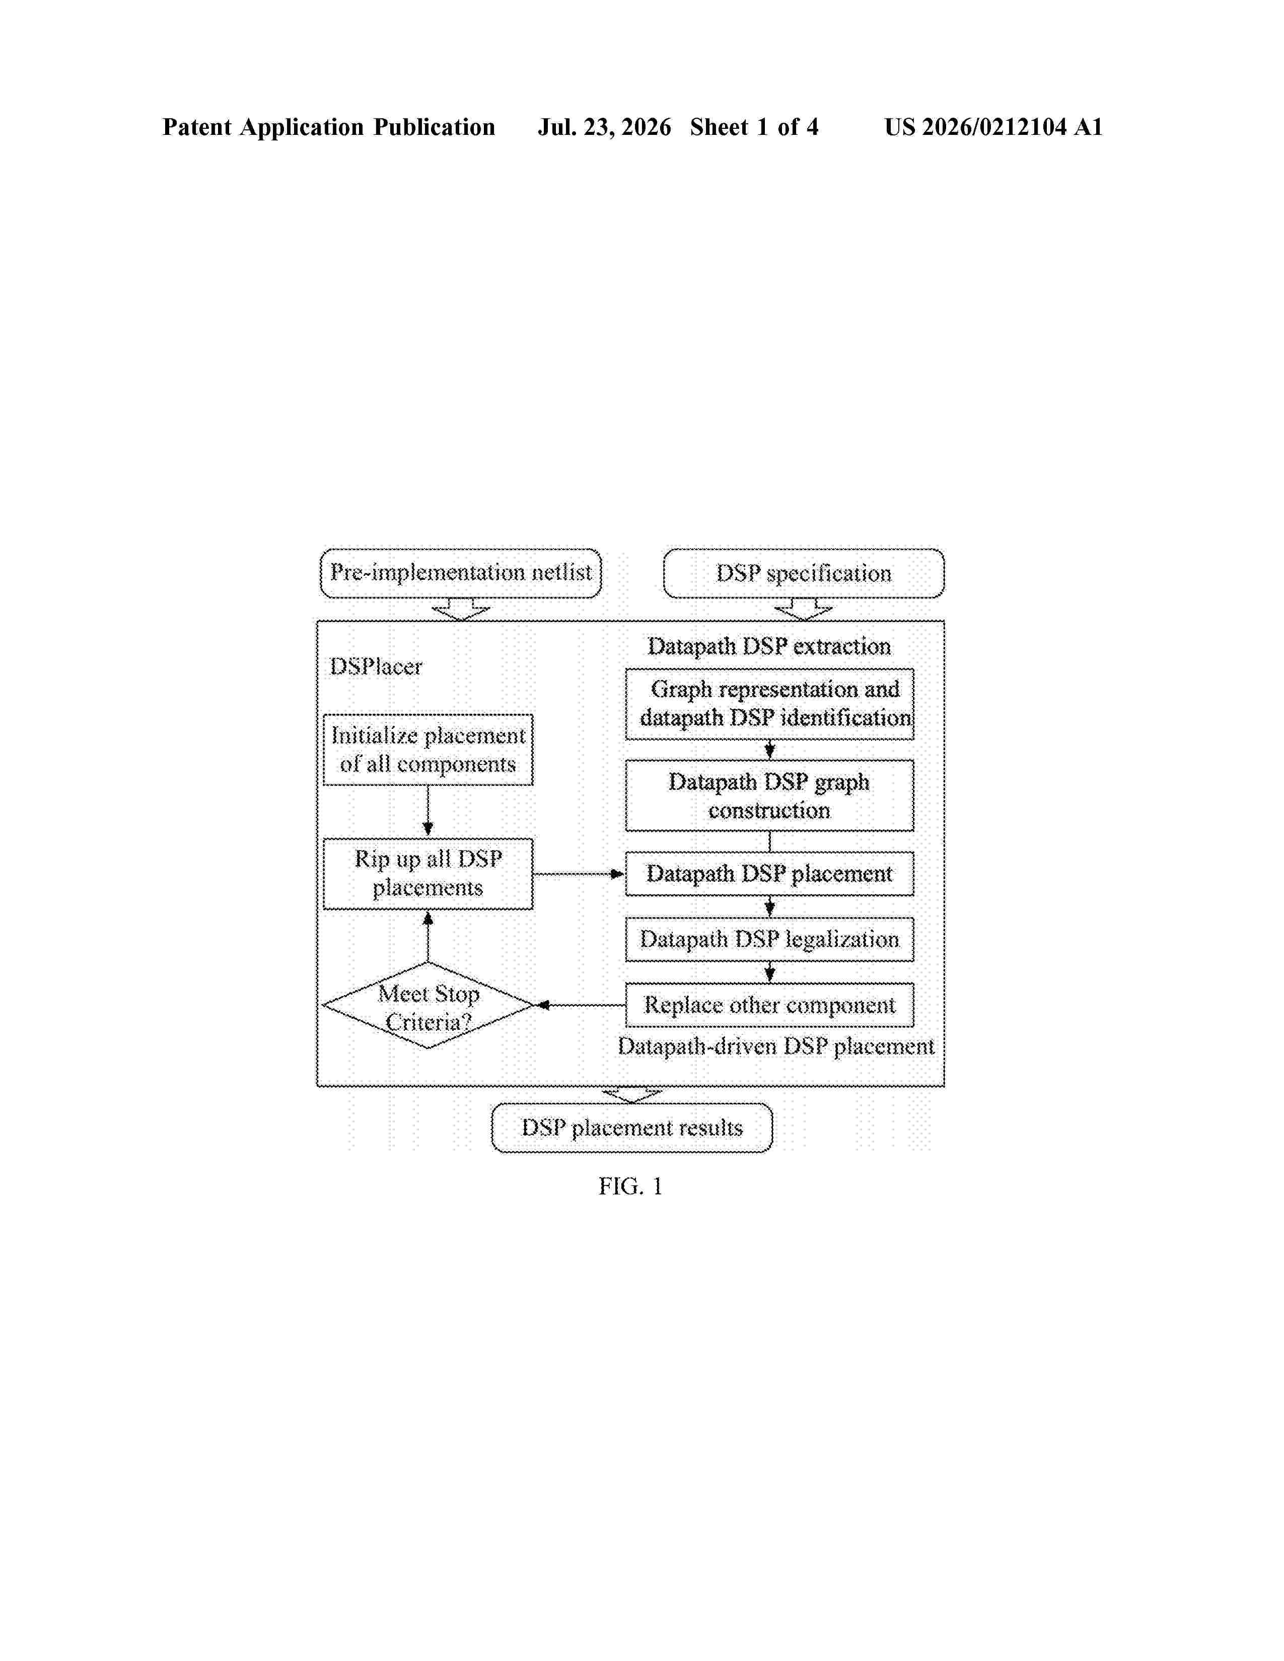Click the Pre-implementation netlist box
(460, 573)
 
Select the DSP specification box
(804, 573)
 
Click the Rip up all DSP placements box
(429, 873)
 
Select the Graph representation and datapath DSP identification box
(770, 704)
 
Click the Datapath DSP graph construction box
(770, 795)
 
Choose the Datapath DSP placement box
(770, 873)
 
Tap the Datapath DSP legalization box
(770, 939)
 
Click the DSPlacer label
(375, 666)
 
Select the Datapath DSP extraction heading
(769, 646)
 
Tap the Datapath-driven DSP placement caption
(776, 1046)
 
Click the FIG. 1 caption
(630, 1186)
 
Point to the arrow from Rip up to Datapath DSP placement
(579, 874)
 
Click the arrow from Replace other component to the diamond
(581, 1006)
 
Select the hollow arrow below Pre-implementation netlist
(461, 609)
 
